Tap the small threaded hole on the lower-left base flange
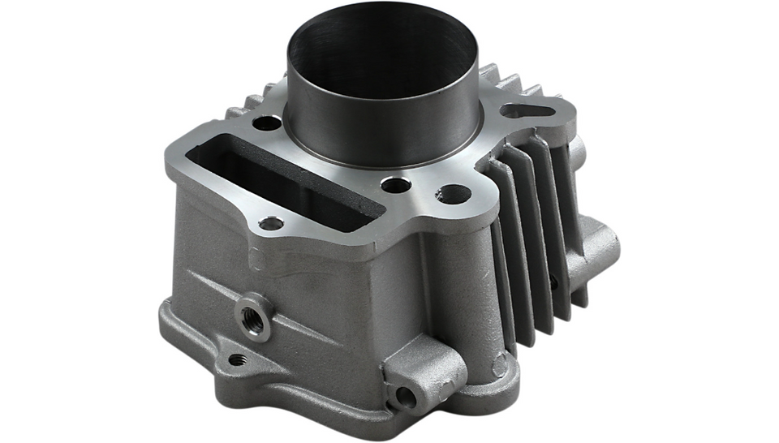pyautogui.click(x=236, y=359)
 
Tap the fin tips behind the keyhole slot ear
pyautogui.click(x=511, y=85)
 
